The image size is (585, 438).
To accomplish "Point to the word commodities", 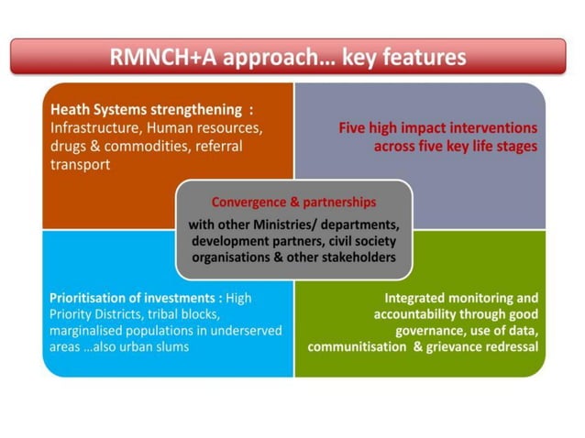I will tap(138, 146).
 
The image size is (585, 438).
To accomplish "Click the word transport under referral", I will tap(80, 165).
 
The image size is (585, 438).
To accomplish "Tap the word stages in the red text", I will tap(515, 147).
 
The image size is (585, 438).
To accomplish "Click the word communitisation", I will tap(357, 347).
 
